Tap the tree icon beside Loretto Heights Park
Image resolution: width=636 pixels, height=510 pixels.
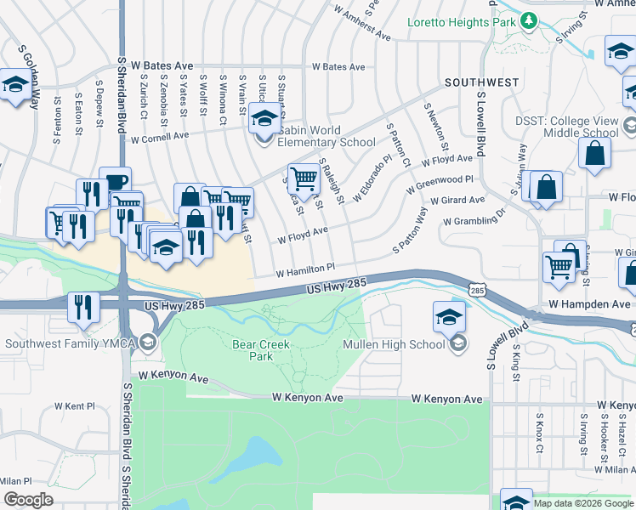tap(528, 20)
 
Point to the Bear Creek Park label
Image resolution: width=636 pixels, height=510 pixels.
tap(261, 350)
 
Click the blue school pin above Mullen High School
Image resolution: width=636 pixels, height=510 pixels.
tap(449, 317)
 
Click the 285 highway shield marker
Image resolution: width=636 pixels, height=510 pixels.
tap(476, 291)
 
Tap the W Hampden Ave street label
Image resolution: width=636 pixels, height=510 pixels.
tap(589, 303)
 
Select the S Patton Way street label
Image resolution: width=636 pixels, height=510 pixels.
tap(410, 229)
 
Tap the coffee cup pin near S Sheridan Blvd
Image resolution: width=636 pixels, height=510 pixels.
tap(115, 182)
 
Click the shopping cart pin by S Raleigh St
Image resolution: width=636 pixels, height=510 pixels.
tap(303, 178)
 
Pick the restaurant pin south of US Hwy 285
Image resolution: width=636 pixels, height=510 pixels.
tap(82, 306)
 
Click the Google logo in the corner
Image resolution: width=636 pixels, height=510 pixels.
tap(28, 500)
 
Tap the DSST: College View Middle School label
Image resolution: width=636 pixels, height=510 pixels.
tap(567, 127)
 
